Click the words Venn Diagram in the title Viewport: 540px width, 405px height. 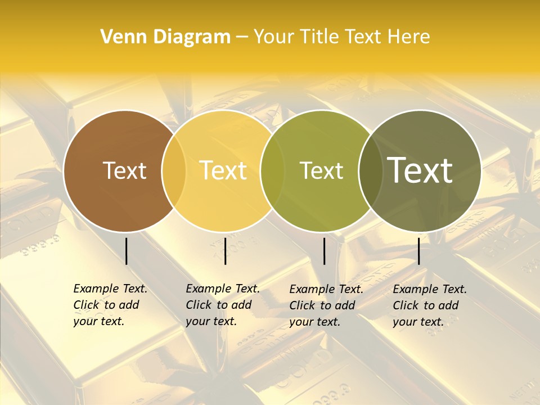pyautogui.click(x=165, y=37)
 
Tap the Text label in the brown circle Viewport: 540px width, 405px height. pyautogui.click(x=124, y=170)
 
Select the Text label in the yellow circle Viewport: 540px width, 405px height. pyautogui.click(x=223, y=170)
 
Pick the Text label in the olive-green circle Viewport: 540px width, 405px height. pyautogui.click(x=321, y=170)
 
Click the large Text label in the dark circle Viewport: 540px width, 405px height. pyautogui.click(x=420, y=170)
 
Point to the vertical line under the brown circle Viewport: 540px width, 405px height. pyautogui.click(x=126, y=251)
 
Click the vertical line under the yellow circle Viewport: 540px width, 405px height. pyautogui.click(x=225, y=251)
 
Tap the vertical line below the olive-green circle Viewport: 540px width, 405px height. pyautogui.click(x=324, y=251)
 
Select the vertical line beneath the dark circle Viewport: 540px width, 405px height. pyautogui.click(x=418, y=251)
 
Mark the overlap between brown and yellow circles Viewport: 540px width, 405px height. pyautogui.click(x=174, y=170)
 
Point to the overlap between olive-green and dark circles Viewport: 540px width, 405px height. pyautogui.click(x=370, y=170)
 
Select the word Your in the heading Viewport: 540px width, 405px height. pyautogui.click(x=274, y=37)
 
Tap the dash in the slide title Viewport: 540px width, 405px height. pyautogui.click(x=242, y=37)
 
